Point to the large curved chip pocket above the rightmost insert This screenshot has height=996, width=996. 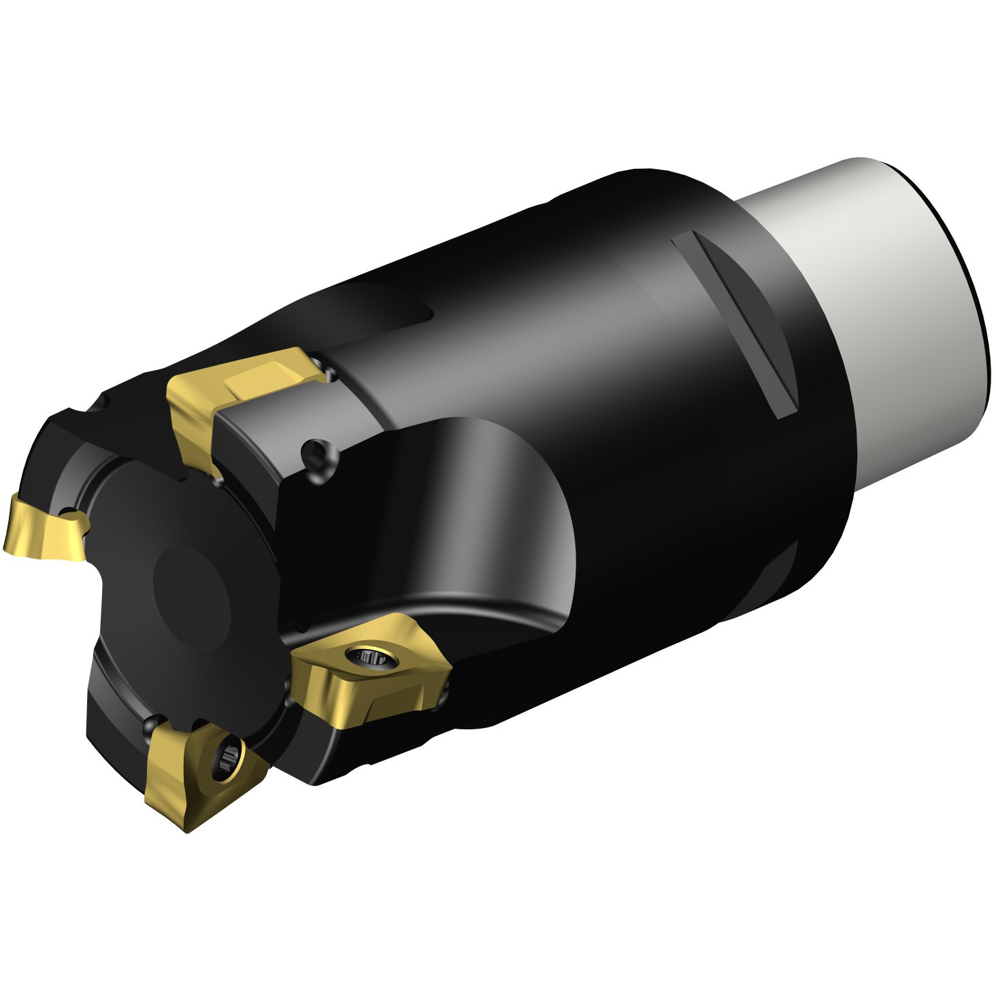pos(490,517)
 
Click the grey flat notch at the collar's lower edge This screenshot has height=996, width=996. pos(782,585)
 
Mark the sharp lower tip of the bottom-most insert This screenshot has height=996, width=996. pos(187,831)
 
